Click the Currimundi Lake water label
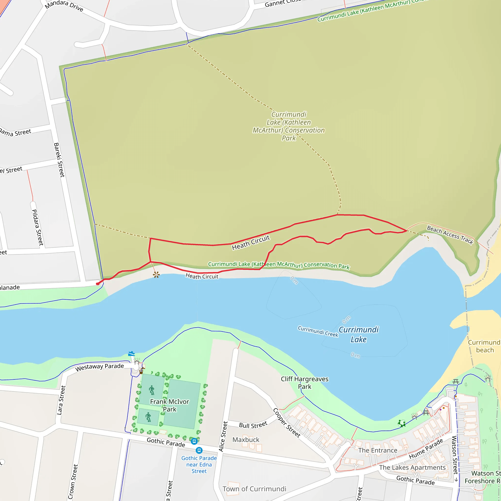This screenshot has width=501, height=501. (359, 334)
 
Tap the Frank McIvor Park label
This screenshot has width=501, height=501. (170, 405)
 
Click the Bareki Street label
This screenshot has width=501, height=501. (59, 160)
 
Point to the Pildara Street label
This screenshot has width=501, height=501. (37, 228)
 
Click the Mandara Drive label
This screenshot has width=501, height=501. (64, 6)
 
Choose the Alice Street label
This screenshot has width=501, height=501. (223, 436)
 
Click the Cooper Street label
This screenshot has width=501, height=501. (286, 423)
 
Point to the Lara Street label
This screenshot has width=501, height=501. (61, 400)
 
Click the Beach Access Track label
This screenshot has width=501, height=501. (450, 235)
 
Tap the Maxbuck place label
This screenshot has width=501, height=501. (246, 440)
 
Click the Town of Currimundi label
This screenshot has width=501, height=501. (254, 489)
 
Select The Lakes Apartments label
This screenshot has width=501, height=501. (412, 467)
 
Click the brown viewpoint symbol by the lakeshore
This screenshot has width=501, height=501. (156, 275)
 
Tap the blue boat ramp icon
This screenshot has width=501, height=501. (131, 353)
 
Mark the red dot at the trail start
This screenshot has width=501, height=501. (98, 284)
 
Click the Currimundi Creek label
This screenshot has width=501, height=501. (318, 331)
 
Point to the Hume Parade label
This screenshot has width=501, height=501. (426, 449)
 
